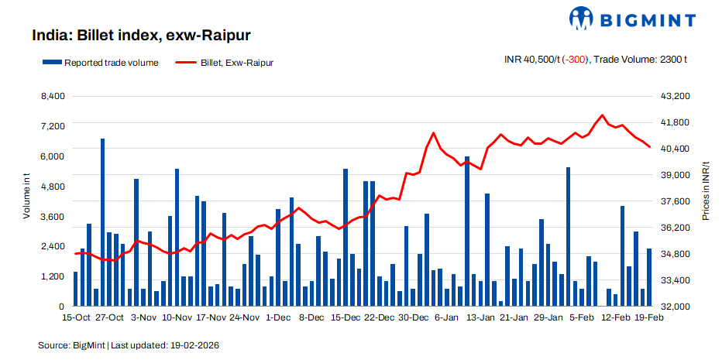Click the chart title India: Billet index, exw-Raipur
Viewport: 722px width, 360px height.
140,36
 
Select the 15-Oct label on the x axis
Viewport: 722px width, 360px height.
76,317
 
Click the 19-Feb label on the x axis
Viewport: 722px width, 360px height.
649,317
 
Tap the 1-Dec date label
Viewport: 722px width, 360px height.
278,317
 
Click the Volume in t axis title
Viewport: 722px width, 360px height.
26,197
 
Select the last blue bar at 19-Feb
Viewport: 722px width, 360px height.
649,277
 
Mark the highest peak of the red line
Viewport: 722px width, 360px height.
603,115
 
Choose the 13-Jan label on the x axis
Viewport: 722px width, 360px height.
481,317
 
